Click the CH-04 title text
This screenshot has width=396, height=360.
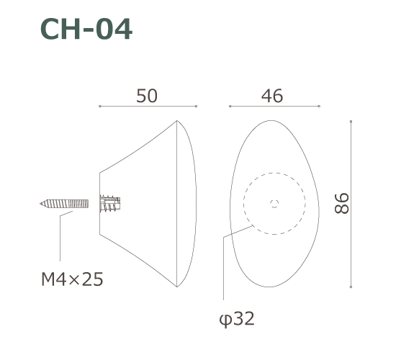(x=86, y=30)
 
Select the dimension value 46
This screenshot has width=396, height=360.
(x=272, y=96)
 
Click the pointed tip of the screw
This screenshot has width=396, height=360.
(x=42, y=204)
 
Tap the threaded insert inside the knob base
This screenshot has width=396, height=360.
(x=109, y=204)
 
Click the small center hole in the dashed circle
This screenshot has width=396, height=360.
(x=274, y=204)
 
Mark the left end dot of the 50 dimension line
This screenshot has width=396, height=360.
(x=99, y=107)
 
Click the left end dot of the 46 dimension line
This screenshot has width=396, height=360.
(x=230, y=107)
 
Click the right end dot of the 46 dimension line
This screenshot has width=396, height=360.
(x=320, y=107)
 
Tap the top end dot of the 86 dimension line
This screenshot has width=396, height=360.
(x=351, y=122)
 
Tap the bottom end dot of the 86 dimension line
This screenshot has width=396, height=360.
(x=351, y=286)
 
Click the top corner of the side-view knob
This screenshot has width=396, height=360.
(x=176, y=121)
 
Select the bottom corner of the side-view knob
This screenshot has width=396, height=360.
(x=176, y=287)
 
